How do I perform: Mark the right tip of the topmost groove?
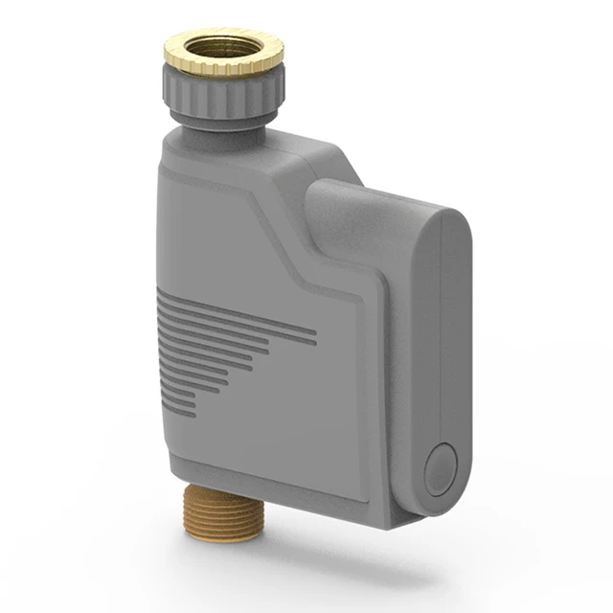coord(314,335)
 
